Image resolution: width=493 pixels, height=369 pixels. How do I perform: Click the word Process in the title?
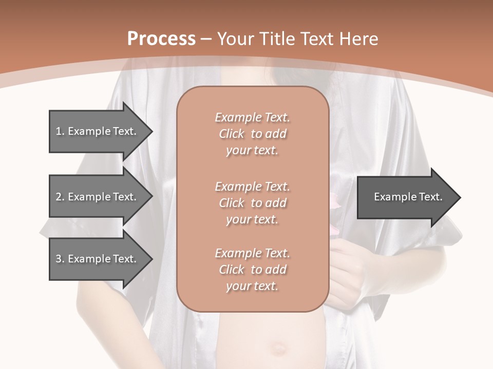click(161, 39)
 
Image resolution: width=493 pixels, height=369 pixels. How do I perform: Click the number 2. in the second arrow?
click(60, 197)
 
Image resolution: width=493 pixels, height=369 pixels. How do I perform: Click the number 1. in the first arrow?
click(60, 131)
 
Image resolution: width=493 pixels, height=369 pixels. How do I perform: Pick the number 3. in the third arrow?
click(60, 259)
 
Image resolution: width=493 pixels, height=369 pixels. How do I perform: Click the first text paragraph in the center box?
click(252, 134)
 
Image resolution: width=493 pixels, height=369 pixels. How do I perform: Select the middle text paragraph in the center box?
click(252, 203)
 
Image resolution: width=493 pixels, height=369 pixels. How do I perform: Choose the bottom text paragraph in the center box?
click(252, 270)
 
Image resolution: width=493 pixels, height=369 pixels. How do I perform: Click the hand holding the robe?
click(354, 261)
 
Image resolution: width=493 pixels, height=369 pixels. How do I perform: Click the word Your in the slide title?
click(236, 39)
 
